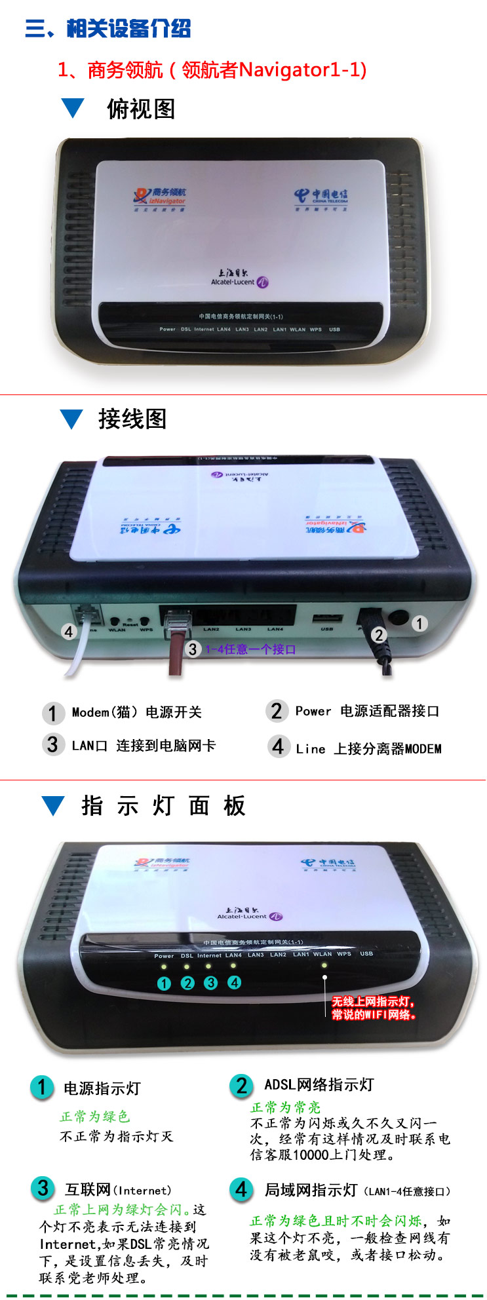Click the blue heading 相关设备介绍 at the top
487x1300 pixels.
click(x=128, y=29)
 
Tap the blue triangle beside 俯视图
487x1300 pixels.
click(x=73, y=108)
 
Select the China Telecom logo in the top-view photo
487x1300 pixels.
click(x=321, y=197)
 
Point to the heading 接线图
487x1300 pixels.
click(x=132, y=419)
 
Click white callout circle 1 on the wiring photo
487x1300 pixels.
click(x=419, y=623)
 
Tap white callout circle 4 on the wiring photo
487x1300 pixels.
click(x=69, y=632)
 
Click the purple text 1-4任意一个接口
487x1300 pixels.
click(x=250, y=649)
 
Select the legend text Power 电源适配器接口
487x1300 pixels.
click(x=367, y=711)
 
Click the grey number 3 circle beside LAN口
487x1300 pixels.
click(x=52, y=745)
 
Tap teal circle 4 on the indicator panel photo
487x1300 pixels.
click(x=234, y=982)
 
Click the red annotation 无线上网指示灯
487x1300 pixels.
click(x=373, y=1001)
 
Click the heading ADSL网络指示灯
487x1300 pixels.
click(x=319, y=1084)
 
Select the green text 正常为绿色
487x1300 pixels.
click(x=95, y=1116)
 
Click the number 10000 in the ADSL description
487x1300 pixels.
click(x=311, y=1155)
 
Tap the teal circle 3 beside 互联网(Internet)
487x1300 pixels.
click(x=43, y=1188)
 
